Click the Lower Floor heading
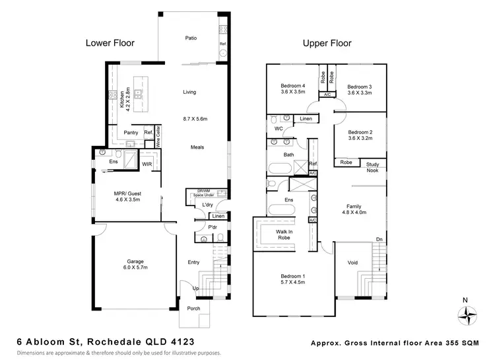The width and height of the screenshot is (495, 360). point(110,44)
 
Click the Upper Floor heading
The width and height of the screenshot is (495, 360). point(327,44)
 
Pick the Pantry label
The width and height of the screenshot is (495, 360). point(131,133)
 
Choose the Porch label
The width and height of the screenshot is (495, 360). point(193,308)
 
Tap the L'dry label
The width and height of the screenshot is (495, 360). point(198,205)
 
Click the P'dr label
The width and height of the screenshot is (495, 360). point(213,227)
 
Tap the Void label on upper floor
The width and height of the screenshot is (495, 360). point(353,263)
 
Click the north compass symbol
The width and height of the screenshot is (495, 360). point(466,315)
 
